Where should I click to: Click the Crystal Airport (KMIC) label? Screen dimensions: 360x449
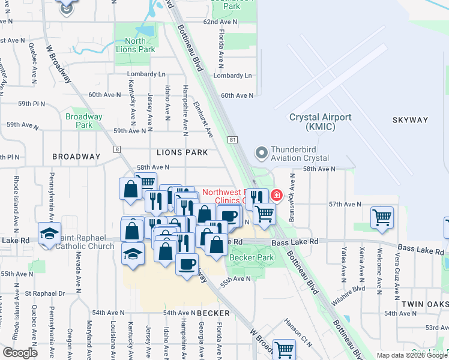[x=320, y=122]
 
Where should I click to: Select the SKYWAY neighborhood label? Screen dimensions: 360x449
[x=411, y=120]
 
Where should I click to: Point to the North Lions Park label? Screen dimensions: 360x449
[x=131, y=45]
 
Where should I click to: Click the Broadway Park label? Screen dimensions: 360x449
[x=84, y=121]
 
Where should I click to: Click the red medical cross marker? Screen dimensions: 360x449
[x=276, y=195]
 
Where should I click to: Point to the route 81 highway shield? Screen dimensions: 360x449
[x=232, y=139]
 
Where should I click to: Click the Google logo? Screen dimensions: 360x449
[x=20, y=353]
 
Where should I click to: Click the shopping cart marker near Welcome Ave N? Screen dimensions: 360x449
[x=382, y=217]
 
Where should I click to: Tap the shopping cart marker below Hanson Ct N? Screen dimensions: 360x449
[x=283, y=349]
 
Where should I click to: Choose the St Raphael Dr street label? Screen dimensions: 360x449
[x=45, y=293]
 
